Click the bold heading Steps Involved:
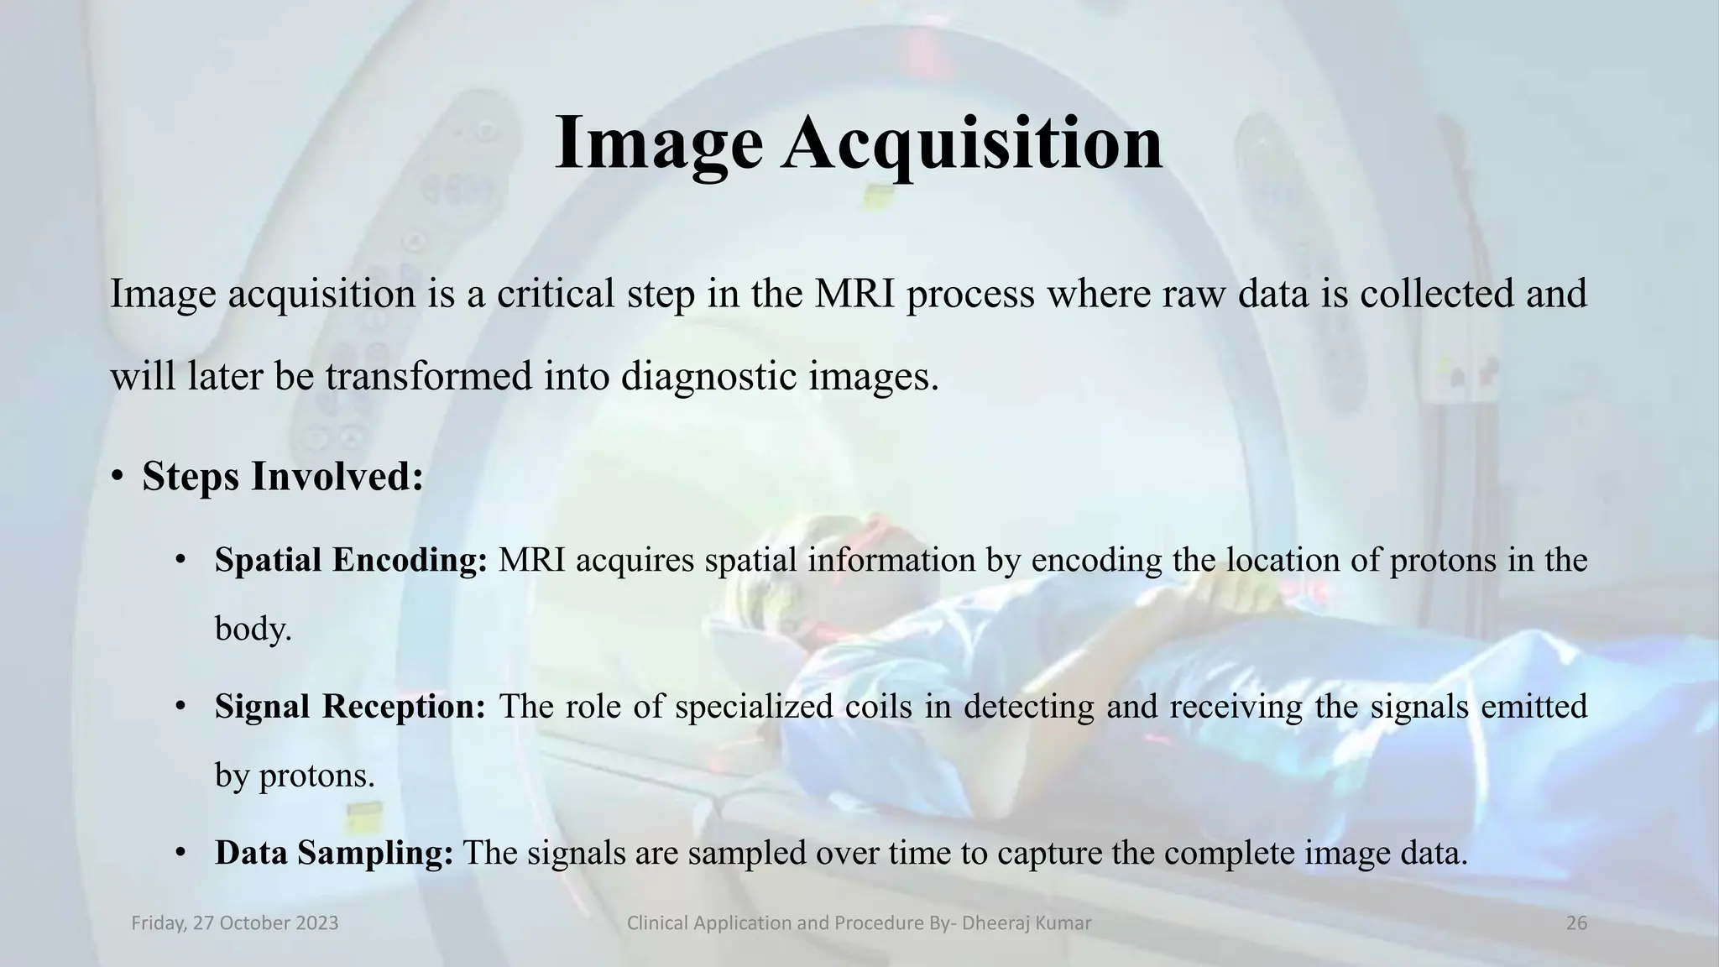283,476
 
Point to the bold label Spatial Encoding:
351,560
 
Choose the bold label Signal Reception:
350,706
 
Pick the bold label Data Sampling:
334,853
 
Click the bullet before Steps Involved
118,478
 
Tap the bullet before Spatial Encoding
180,560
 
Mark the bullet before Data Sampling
180,853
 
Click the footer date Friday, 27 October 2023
235,923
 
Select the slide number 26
1576,923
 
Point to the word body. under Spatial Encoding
253,629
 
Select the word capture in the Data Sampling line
1049,853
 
